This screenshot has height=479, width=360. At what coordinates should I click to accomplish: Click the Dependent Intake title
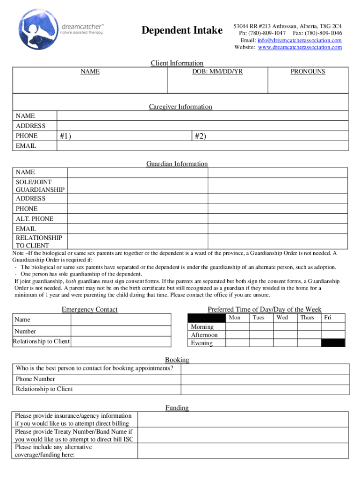pos(182,31)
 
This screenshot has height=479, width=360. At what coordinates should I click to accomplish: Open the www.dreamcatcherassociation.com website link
pos(300,47)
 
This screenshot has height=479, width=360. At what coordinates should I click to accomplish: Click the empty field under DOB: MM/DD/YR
pos(217,85)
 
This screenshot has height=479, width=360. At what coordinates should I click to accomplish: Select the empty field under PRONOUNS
pos(308,85)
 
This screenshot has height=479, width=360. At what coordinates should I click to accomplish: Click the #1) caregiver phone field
pos(124,136)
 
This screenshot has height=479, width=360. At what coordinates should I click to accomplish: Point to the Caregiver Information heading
pos(180,107)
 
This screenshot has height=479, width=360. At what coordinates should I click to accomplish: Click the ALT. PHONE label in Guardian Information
pos(35,219)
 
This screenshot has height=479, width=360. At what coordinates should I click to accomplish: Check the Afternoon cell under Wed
pos(285,335)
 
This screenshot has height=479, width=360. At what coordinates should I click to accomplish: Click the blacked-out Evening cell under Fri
pos(333,343)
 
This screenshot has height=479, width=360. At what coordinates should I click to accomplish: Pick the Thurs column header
pos(307,318)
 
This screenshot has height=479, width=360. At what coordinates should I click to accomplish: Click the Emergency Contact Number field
pos(121,331)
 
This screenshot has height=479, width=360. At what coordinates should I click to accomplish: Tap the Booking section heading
pos(177,360)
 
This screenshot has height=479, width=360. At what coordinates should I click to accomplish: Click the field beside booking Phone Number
pos(264,379)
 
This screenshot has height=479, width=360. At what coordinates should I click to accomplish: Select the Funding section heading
pos(177,408)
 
